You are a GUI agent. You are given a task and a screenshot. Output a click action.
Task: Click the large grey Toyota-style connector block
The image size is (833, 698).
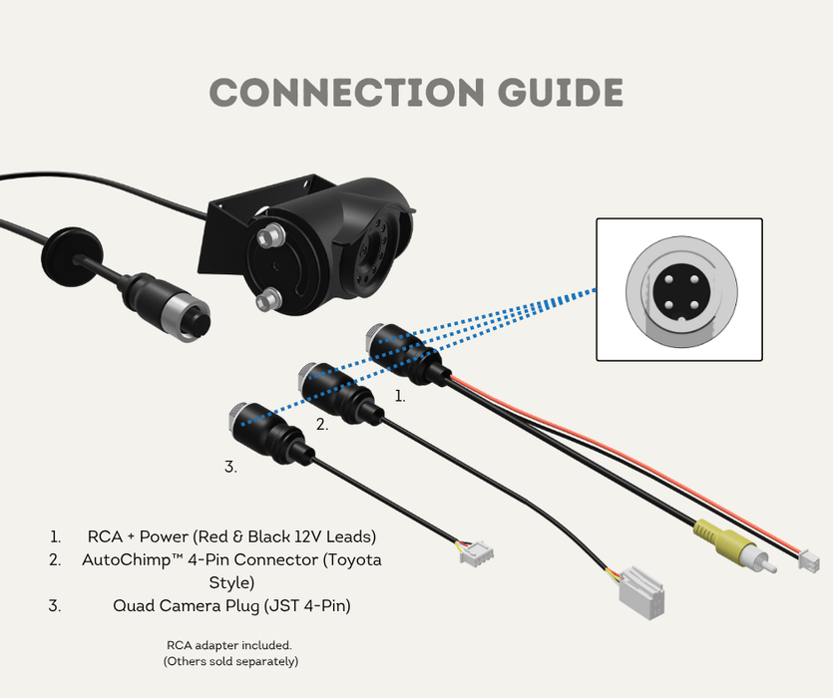[x=640, y=593]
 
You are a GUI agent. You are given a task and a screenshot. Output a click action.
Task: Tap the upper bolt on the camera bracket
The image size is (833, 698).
[x=268, y=238]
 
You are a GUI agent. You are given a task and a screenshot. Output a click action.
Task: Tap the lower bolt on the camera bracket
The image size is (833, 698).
[x=266, y=299]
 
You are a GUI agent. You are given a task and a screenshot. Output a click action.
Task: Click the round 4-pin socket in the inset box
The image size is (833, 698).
[x=678, y=289]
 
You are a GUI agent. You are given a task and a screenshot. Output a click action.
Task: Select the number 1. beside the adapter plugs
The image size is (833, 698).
[x=400, y=396]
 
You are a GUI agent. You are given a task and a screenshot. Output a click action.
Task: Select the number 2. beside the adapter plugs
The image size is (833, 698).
[x=321, y=424]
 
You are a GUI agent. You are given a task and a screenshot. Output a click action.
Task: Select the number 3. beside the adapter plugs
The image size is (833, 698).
[x=229, y=466]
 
